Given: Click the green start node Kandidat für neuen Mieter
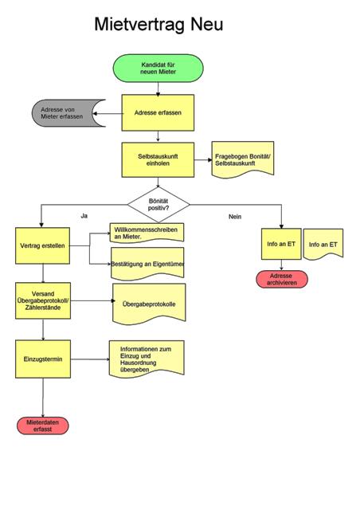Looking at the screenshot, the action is point(158,68).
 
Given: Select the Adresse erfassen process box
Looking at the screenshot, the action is point(158,113).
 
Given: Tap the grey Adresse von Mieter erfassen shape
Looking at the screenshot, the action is point(65,113).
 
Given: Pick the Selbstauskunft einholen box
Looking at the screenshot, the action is point(158,159).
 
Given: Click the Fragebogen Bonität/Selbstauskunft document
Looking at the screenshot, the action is point(243,159).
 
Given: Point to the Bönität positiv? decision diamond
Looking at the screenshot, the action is point(158,205).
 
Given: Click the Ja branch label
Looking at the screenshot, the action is point(84,216).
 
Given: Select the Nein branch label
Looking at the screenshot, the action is point(235,217).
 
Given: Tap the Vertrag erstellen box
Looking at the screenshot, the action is point(42,245).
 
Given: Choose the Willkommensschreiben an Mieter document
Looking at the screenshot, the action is point(147,233).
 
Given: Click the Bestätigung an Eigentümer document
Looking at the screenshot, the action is point(147,264).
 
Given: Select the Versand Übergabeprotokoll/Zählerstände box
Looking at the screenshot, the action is point(43,300).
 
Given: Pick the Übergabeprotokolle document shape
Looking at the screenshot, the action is point(149,304).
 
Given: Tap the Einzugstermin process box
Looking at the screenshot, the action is point(43,359).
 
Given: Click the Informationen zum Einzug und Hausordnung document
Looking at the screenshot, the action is point(147,359).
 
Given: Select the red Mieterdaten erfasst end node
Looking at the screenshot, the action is point(42,426).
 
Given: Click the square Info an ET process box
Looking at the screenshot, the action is point(281,244).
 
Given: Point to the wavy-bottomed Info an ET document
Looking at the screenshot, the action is point(323,245).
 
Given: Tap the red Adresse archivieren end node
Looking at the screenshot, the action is point(282,280).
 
